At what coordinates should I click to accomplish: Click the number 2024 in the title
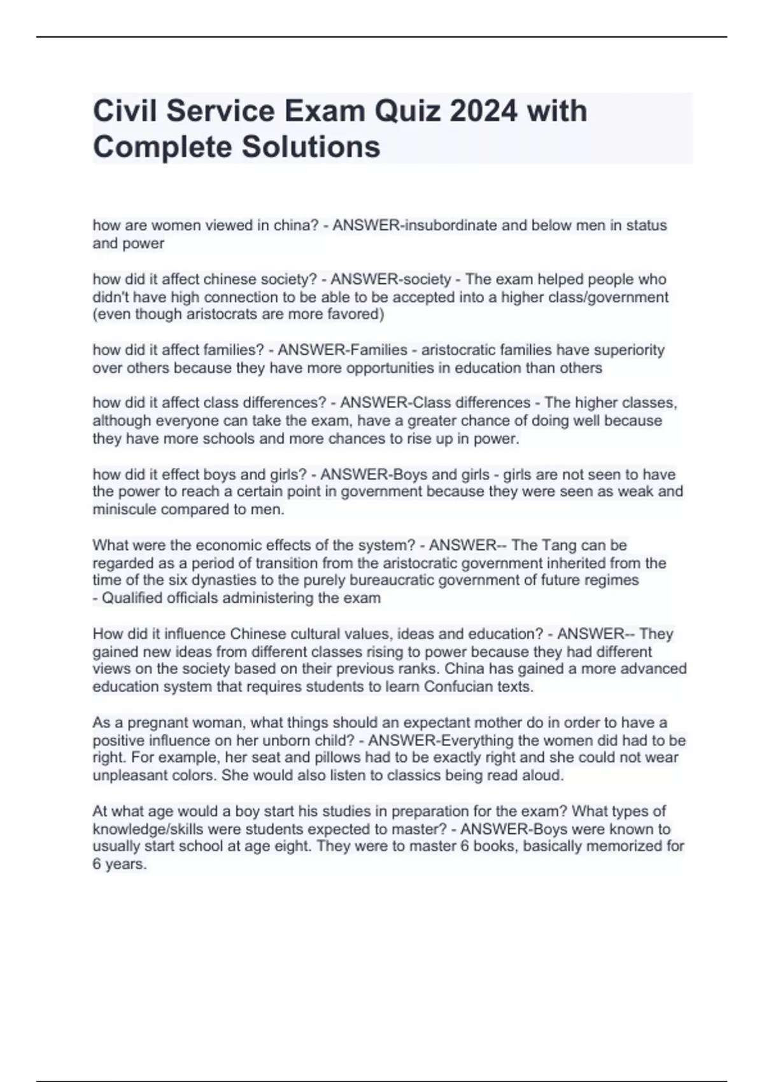[483, 111]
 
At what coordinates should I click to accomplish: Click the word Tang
[557, 545]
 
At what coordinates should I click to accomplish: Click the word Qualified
[132, 598]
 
